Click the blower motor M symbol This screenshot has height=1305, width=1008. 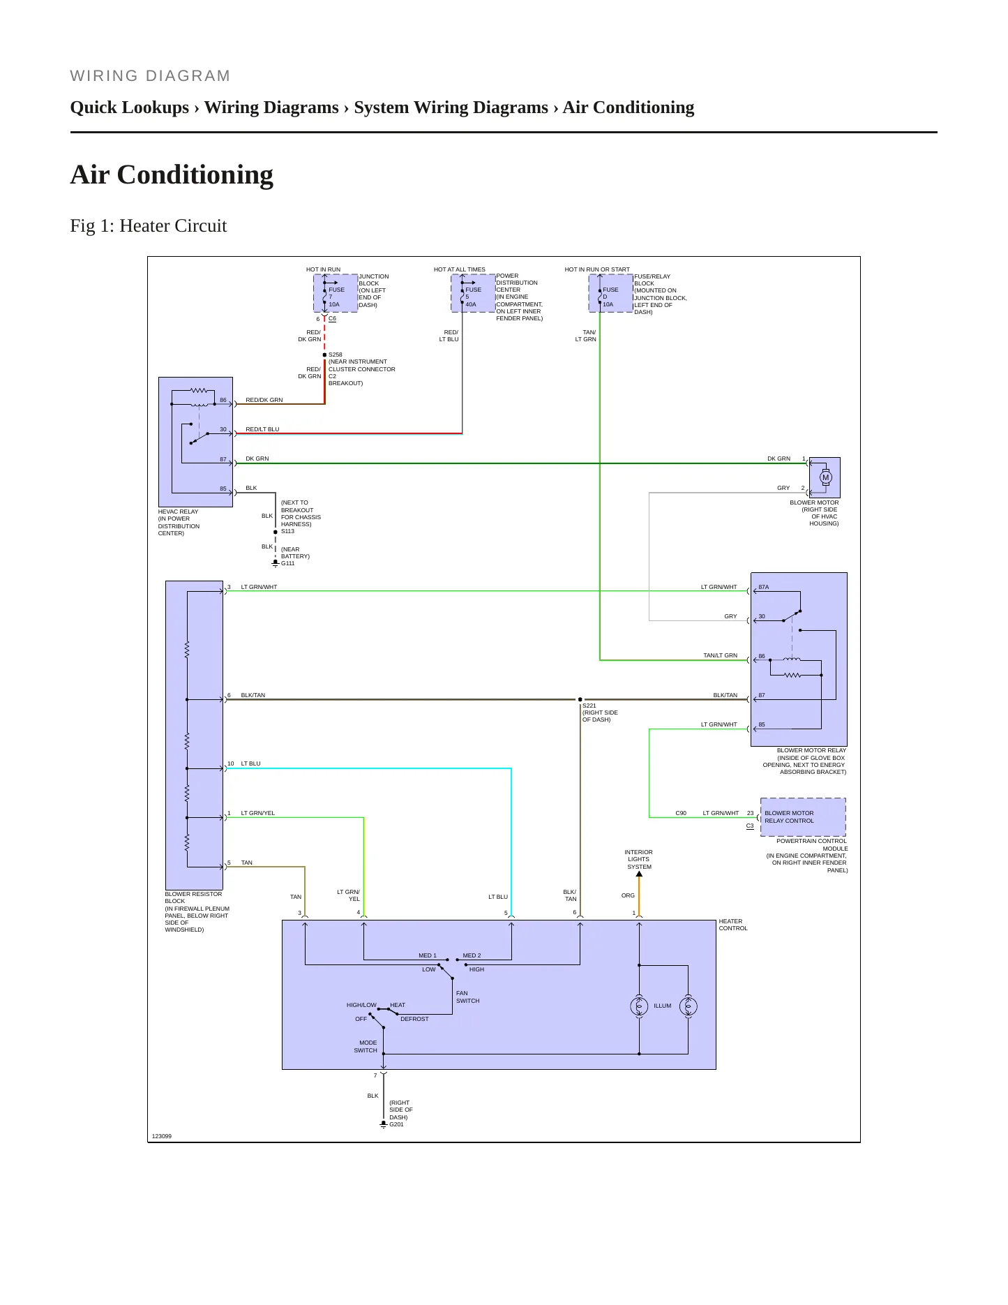[825, 478]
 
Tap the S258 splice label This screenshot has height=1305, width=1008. [336, 355]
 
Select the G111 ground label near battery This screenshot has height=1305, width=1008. [287, 563]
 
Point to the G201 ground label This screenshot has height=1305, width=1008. [396, 1124]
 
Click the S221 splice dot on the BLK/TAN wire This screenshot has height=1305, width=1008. [580, 699]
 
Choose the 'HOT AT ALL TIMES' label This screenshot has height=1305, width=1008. [459, 269]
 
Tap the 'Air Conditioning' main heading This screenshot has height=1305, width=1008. [172, 174]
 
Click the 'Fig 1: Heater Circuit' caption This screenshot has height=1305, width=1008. [149, 225]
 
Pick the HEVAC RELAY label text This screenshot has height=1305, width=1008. [178, 512]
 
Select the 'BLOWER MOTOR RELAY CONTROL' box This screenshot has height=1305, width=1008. [803, 817]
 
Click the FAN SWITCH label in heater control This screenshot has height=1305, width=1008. [467, 997]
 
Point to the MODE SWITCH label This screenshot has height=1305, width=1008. [366, 1046]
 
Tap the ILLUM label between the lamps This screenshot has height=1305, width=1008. [662, 1006]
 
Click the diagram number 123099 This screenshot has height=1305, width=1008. [162, 1136]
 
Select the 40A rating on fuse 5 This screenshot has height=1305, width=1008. [471, 304]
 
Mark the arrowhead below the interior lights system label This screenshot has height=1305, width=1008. [639, 874]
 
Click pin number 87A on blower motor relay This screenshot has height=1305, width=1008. [764, 587]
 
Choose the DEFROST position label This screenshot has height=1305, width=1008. [414, 1019]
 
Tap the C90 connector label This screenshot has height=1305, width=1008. [681, 813]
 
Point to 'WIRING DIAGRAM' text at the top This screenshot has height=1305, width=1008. [150, 75]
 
